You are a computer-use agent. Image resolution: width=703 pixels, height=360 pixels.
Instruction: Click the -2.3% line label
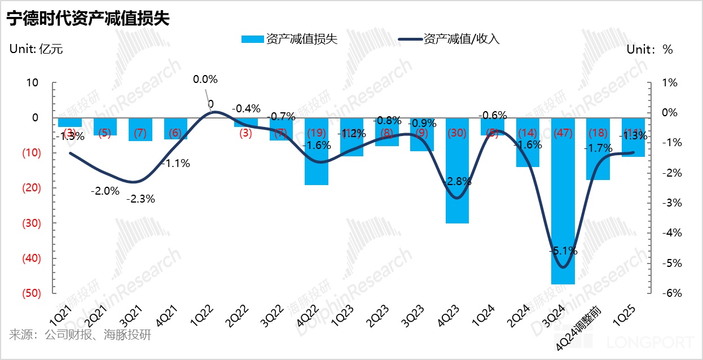click(x=140, y=199)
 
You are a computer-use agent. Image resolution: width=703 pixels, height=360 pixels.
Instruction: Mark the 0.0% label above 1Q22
click(x=205, y=80)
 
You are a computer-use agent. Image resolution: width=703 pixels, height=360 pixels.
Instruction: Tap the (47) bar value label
click(x=563, y=133)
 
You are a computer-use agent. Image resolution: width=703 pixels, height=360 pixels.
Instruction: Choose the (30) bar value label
click(x=457, y=133)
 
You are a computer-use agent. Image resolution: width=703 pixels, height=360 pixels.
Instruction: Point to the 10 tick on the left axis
click(x=32, y=83)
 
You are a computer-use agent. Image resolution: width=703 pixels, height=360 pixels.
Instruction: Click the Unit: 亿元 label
click(x=36, y=49)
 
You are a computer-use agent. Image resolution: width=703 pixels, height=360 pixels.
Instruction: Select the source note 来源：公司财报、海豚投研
click(x=80, y=335)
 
